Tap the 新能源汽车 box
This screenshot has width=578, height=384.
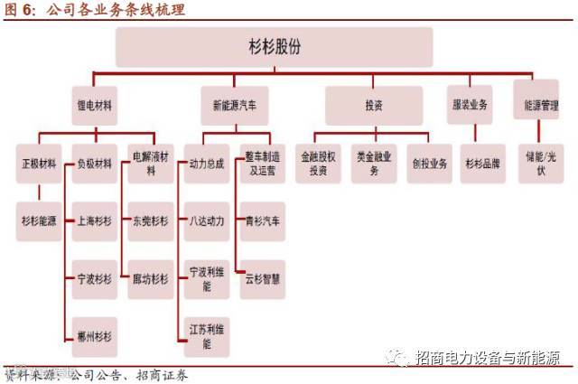point(233,106)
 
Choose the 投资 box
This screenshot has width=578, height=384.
point(373,106)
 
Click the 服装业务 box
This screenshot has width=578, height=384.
point(470,106)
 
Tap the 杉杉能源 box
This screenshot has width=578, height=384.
point(40,220)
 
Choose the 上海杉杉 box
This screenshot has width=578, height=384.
point(94,220)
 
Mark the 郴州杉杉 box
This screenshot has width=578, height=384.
point(94,336)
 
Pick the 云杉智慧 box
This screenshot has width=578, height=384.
point(261,278)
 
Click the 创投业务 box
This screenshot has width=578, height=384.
point(429,164)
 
